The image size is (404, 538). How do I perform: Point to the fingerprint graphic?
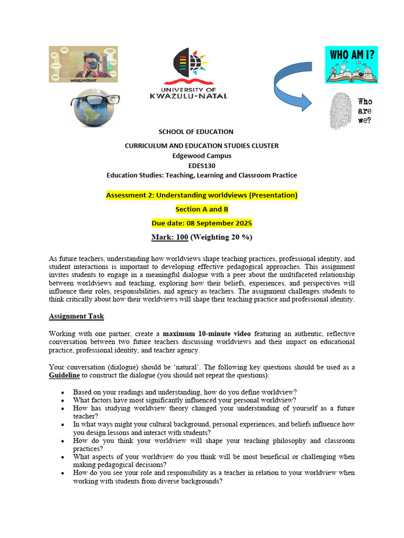[340, 111]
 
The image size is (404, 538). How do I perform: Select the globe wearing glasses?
[95, 107]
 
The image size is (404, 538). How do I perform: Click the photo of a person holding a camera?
[83, 64]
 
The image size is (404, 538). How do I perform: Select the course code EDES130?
[201, 165]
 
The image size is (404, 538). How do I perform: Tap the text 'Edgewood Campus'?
[201, 156]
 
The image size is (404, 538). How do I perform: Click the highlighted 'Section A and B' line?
[201, 209]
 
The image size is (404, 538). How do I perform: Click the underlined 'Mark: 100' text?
[169, 237]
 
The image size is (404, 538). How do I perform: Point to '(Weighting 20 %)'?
[221, 237]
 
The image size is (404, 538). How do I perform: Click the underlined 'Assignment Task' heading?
[76, 316]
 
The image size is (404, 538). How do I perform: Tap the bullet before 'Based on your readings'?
[63, 392]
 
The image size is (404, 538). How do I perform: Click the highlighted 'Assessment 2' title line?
[201, 195]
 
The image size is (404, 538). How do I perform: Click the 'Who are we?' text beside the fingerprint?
[365, 111]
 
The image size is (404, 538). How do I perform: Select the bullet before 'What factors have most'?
[63, 400]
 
